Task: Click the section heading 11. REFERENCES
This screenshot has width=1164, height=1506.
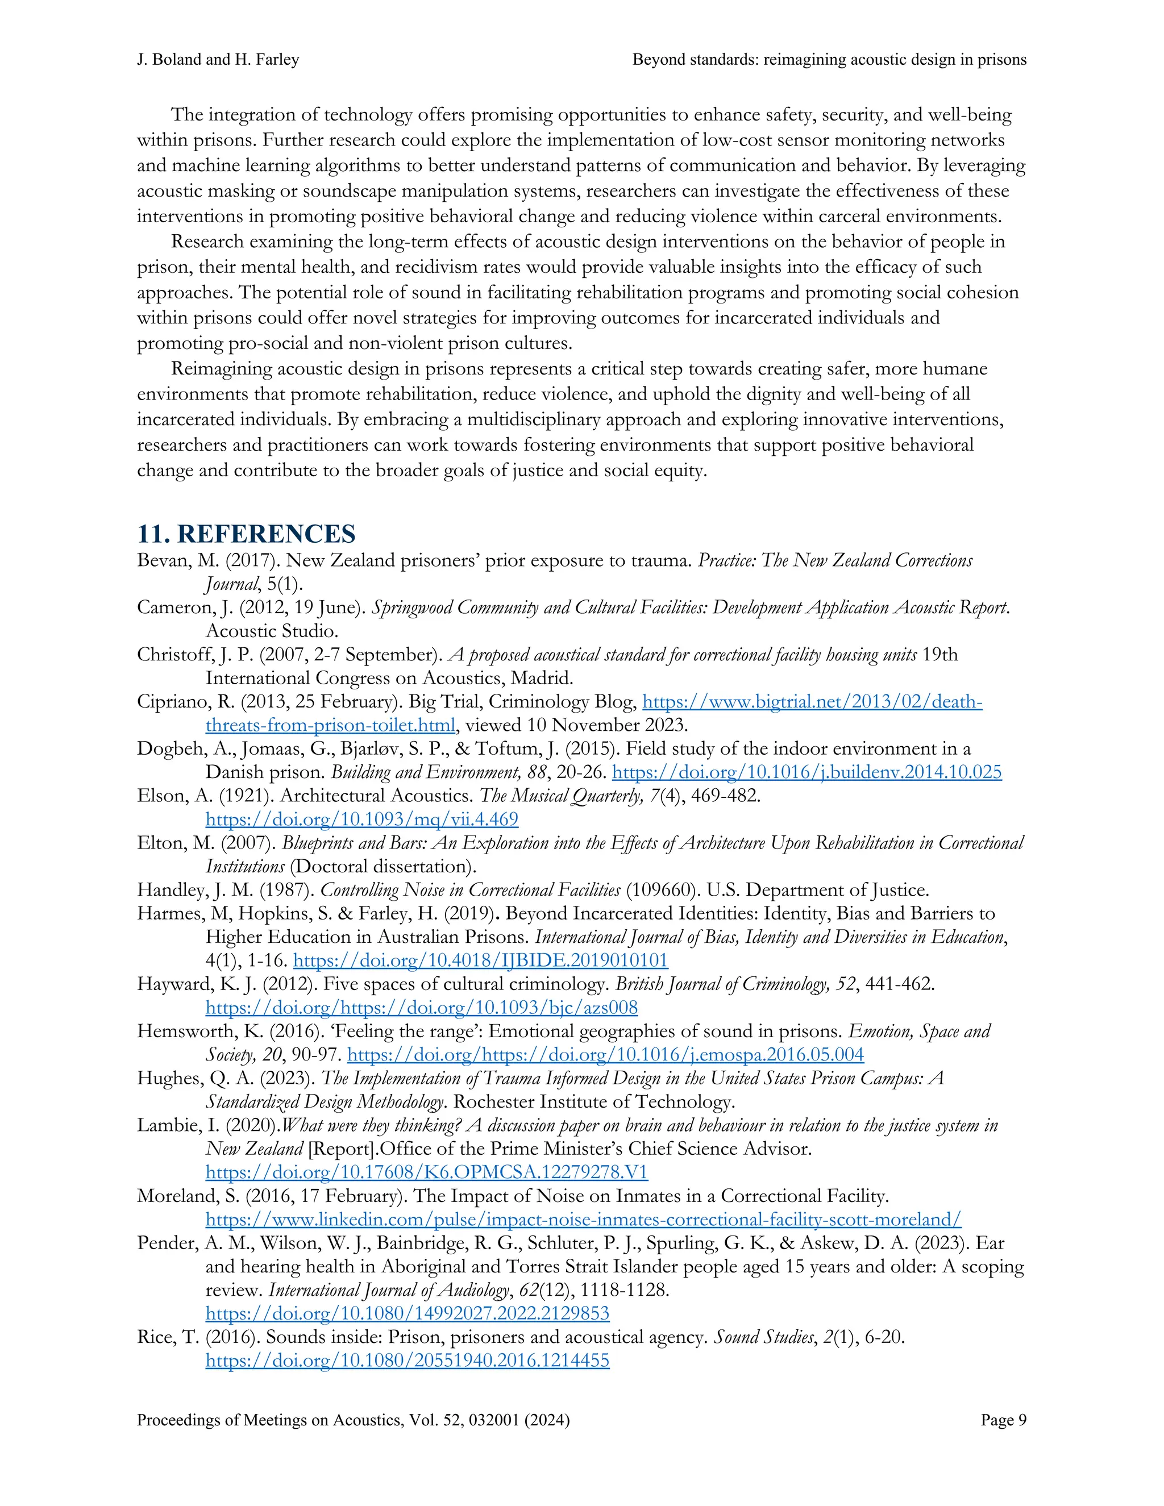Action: coord(246,534)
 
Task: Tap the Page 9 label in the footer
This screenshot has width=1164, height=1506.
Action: coord(1003,1420)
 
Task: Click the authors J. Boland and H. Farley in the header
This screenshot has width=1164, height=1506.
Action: coord(218,60)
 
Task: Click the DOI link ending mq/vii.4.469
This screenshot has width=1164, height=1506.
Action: coord(361,819)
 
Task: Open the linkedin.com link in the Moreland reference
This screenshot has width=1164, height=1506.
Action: coord(583,1219)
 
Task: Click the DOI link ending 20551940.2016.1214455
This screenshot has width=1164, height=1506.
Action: coord(407,1361)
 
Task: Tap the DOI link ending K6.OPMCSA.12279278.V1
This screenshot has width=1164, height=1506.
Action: coord(426,1172)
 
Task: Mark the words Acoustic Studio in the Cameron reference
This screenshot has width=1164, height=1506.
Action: coord(272,631)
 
